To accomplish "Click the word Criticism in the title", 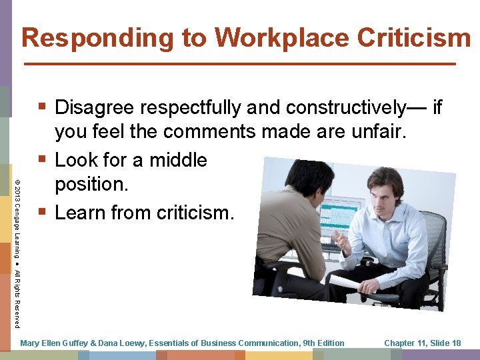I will pyautogui.click(x=414, y=37).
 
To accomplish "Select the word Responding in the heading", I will pyautogui.click(x=100, y=37).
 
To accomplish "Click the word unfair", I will pyautogui.click(x=381, y=133).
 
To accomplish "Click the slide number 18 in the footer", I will pyautogui.click(x=455, y=343).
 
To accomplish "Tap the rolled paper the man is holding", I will pyautogui.click(x=350, y=283).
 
